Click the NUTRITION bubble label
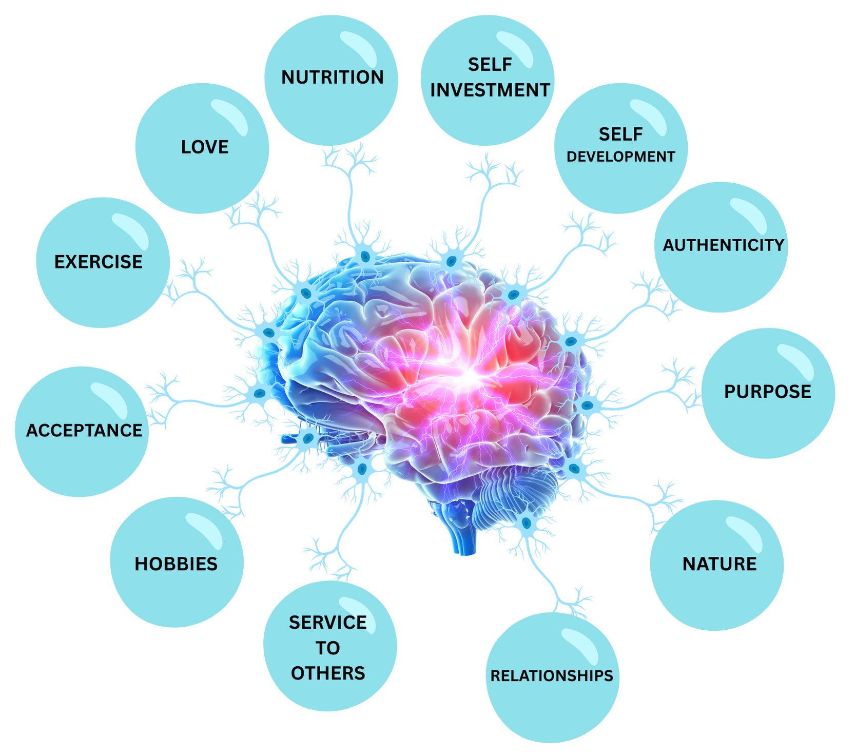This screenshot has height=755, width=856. [333, 78]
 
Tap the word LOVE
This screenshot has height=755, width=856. [205, 147]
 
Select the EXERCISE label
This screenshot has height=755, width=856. [99, 262]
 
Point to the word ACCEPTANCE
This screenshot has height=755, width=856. [84, 430]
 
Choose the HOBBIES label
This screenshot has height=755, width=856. [176, 564]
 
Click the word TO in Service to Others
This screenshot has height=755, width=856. [328, 648]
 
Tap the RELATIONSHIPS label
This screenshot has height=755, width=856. [552, 676]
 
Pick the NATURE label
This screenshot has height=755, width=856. [719, 564]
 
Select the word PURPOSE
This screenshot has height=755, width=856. [768, 392]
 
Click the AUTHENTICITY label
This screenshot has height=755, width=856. [724, 245]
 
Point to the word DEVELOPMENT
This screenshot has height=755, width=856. [621, 157]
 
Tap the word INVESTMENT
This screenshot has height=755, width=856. [490, 90]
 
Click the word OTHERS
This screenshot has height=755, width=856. [328, 673]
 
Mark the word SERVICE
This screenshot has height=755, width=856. [328, 623]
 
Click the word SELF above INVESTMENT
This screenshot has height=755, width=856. [490, 65]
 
